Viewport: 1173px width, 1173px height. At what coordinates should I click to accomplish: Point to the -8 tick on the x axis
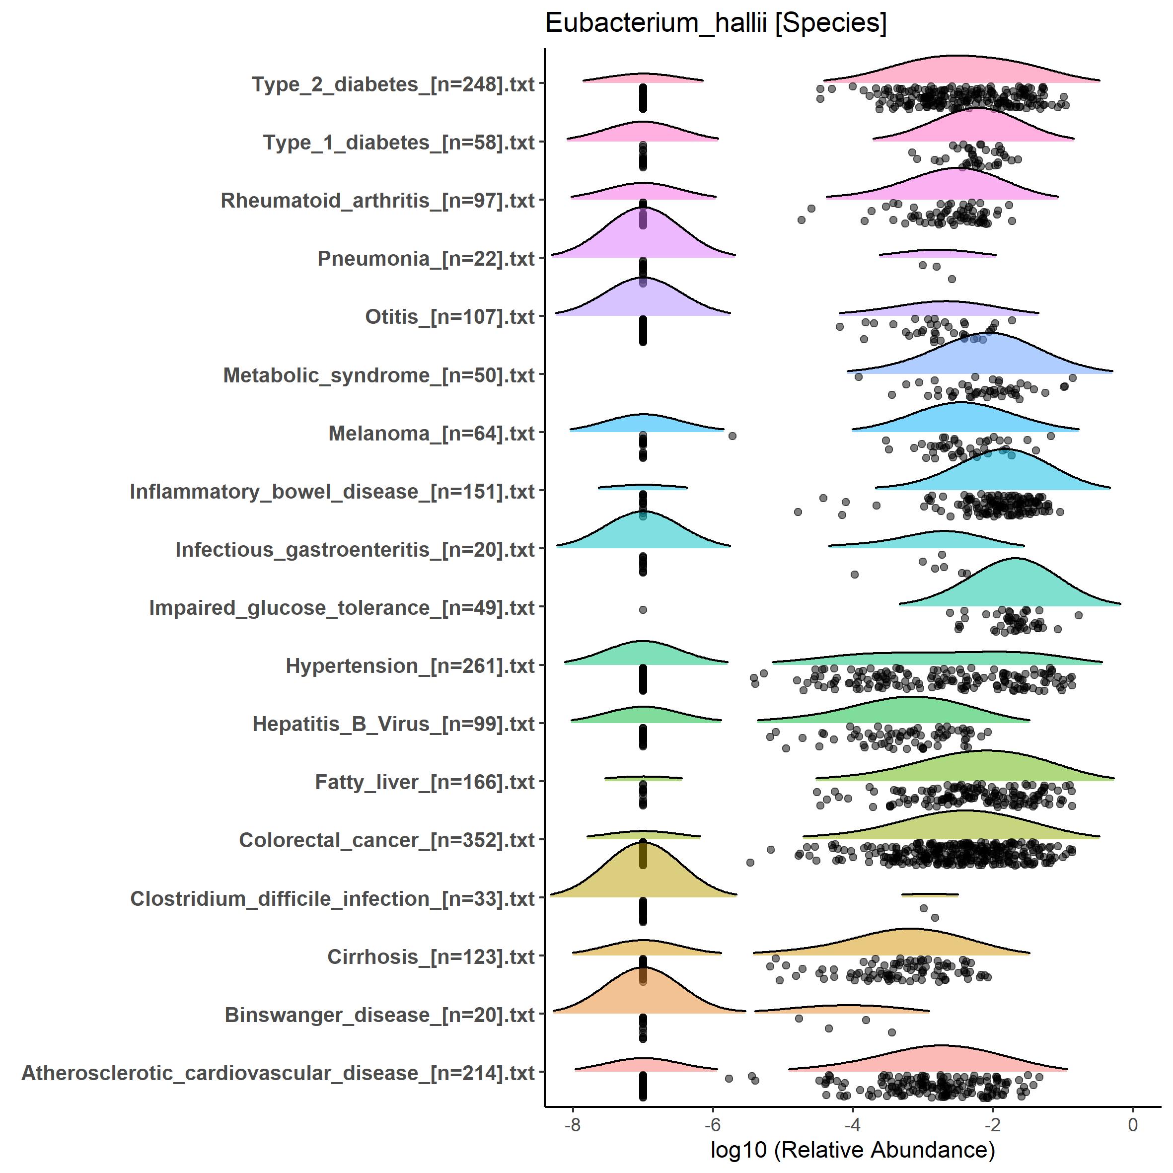572,1125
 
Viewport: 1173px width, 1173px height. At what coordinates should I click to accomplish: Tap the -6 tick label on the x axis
712,1125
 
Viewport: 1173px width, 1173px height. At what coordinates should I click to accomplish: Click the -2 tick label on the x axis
992,1125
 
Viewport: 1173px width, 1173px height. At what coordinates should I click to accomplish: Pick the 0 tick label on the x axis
1132,1125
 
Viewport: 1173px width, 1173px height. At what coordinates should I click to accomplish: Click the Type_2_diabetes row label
393,84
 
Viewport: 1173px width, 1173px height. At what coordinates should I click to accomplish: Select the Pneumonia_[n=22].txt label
426,259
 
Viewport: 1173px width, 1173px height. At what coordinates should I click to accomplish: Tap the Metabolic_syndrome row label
379,376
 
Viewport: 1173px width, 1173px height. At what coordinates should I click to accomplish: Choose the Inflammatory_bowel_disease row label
332,492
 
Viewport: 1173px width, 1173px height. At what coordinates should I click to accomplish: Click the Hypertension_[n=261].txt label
410,666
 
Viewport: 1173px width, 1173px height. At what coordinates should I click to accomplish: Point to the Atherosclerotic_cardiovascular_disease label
278,1073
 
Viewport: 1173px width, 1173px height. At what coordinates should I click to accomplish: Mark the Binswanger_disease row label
379,1015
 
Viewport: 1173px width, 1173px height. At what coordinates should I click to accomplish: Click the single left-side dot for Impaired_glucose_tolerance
643,609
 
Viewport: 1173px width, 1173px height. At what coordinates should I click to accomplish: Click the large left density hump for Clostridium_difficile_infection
643,874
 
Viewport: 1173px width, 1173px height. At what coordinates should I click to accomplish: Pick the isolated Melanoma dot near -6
732,436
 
